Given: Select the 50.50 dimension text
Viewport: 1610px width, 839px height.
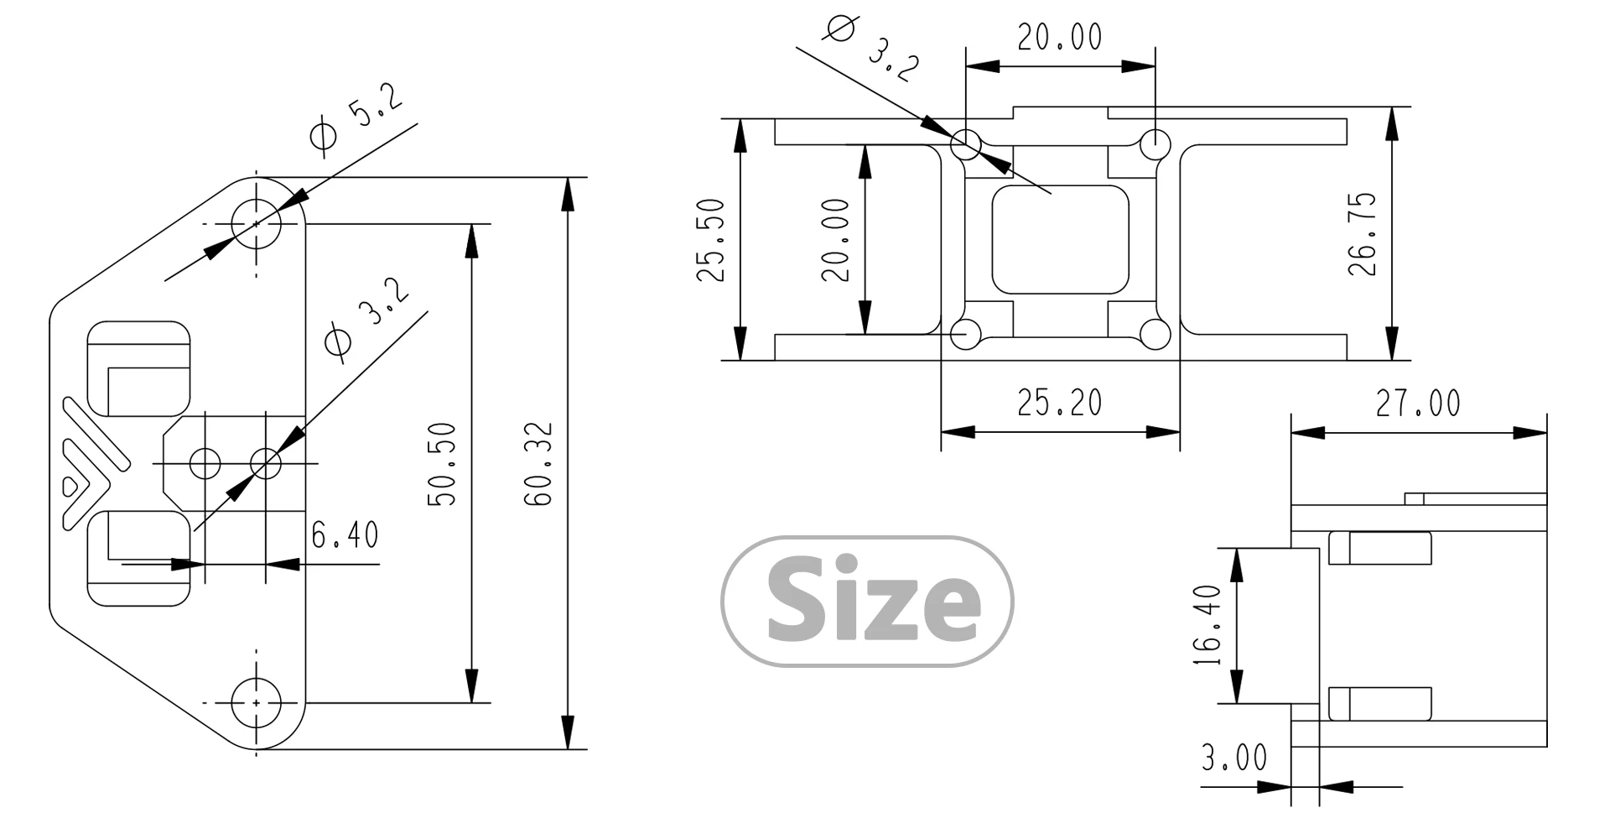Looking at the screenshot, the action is click(442, 463).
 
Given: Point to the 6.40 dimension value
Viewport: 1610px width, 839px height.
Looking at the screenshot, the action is click(345, 534).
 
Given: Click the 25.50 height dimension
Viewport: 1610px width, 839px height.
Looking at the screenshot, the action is click(712, 240).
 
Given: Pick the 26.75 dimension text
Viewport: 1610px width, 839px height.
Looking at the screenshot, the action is click(1362, 234).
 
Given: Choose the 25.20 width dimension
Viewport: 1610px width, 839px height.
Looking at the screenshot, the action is click(1060, 403).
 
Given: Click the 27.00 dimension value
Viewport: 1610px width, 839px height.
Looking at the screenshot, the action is click(1417, 404).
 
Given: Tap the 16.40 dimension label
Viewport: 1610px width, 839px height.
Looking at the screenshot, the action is click(1207, 626).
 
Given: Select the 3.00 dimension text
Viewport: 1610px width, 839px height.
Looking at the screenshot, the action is click(1234, 758).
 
